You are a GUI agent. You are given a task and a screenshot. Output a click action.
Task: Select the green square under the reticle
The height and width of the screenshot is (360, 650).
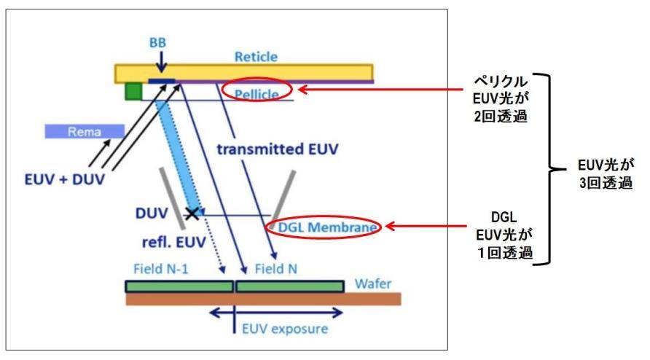coord(133,92)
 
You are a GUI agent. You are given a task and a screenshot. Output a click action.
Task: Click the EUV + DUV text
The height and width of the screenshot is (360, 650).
coord(61,176)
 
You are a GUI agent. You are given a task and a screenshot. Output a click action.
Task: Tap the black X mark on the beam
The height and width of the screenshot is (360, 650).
coord(192,214)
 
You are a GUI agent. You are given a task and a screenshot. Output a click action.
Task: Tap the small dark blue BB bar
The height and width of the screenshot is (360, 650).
coord(162,81)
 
